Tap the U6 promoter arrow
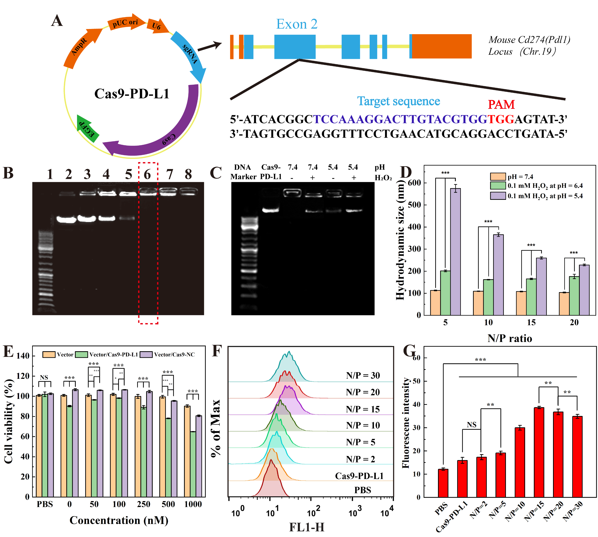[x=157, y=26]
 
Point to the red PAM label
[x=501, y=105]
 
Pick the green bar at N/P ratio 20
[x=574, y=295]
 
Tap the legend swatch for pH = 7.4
[x=498, y=177]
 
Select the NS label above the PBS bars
[x=44, y=377]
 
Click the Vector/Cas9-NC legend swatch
[x=146, y=354]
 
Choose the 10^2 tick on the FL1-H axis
[x=311, y=499]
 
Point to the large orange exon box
[x=441, y=46]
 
